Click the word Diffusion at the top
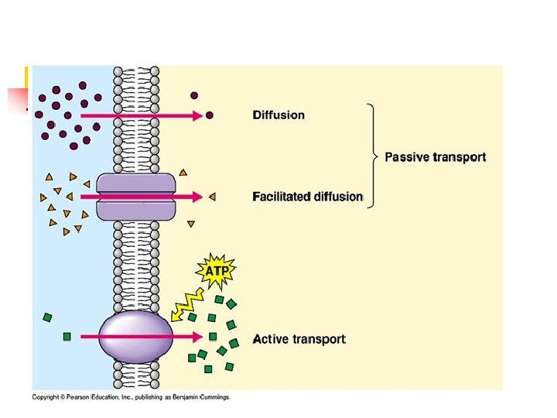click(278, 115)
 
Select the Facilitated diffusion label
click(307, 197)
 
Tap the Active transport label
click(299, 339)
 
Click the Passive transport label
click(436, 157)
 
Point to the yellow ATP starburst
click(217, 272)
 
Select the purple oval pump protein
click(136, 337)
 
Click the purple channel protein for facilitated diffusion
click(136, 197)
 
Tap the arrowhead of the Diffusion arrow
click(198, 115)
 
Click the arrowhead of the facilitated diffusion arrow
click(198, 197)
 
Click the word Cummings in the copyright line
click(214, 397)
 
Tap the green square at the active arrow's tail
click(67, 337)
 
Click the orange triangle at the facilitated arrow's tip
click(211, 197)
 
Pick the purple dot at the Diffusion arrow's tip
click(209, 115)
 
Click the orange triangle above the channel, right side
click(183, 172)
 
